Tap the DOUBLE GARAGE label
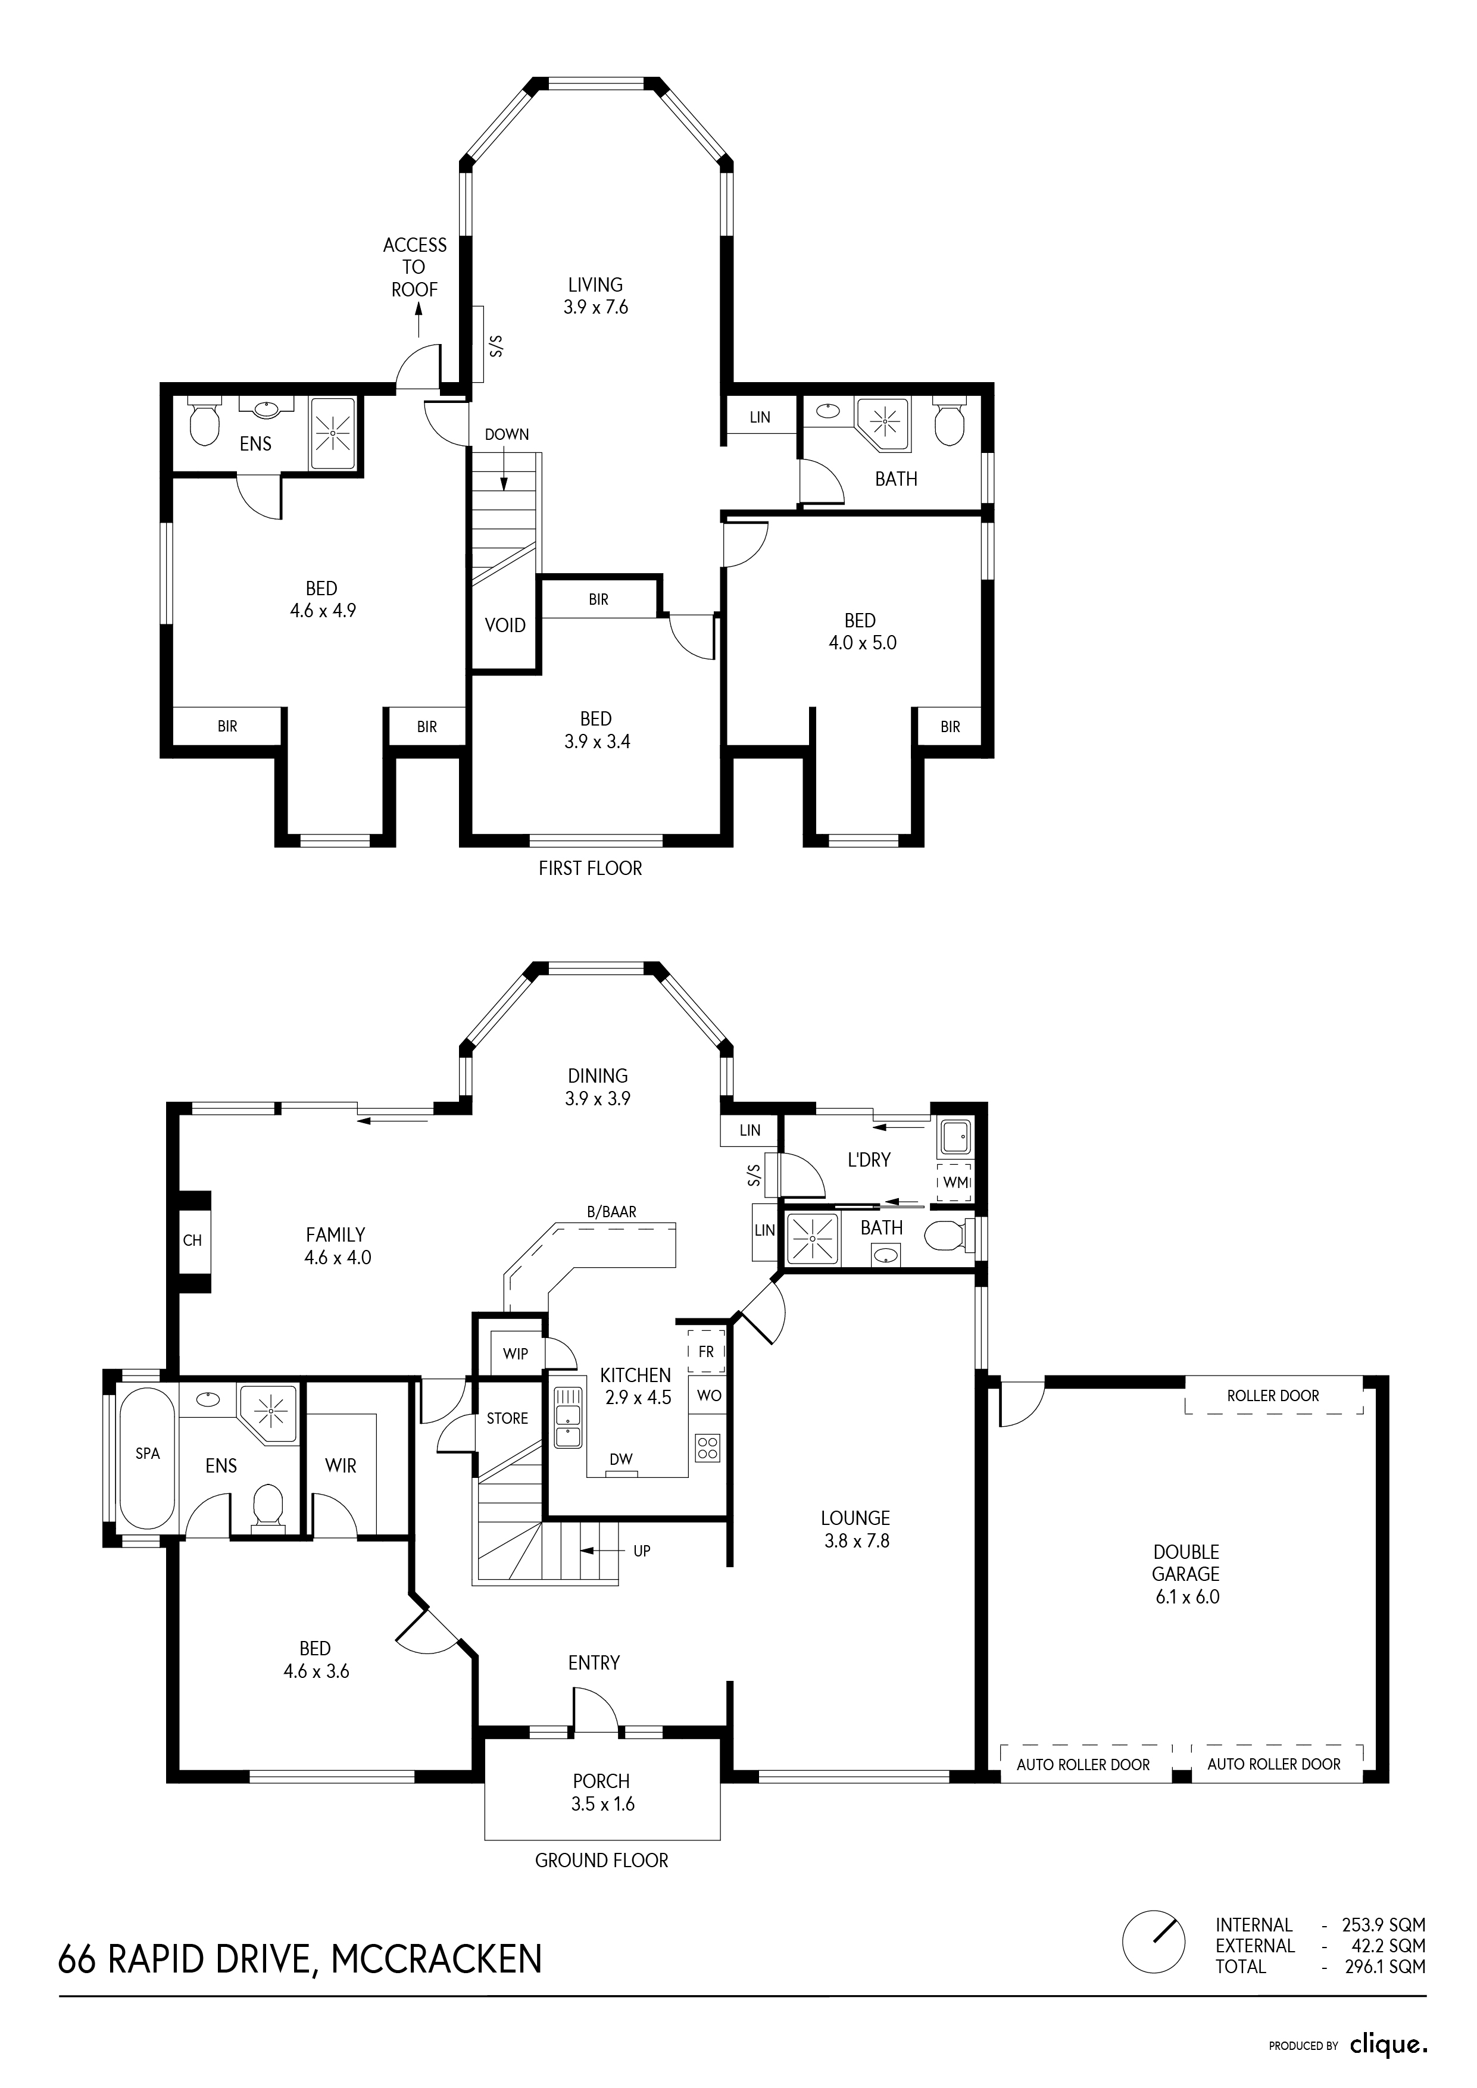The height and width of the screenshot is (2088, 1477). (1186, 1563)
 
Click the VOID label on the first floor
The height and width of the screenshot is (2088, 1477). (505, 626)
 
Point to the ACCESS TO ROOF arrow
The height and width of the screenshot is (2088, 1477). (419, 323)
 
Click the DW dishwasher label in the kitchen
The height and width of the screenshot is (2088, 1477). (621, 1459)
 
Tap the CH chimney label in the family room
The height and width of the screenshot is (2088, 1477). (193, 1240)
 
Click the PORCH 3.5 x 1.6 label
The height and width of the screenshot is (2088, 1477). (602, 1792)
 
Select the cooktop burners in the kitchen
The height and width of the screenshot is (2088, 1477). (708, 1448)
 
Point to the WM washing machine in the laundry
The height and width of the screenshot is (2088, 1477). (954, 1182)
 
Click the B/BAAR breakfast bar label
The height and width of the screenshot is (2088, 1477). (612, 1212)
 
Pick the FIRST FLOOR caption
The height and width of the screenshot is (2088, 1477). (590, 868)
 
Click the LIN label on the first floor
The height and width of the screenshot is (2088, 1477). (760, 417)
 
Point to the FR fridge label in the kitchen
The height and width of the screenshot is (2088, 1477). (707, 1352)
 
